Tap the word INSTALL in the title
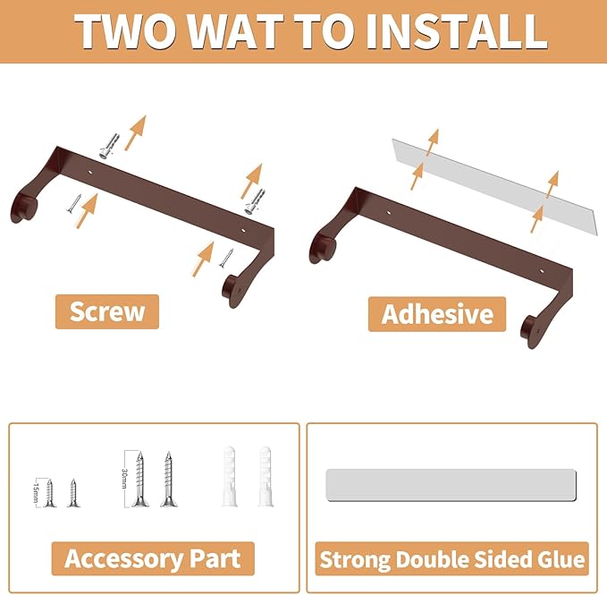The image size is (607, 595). click(x=456, y=32)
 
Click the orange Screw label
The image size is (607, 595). click(x=107, y=311)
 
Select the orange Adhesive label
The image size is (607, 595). click(x=437, y=314)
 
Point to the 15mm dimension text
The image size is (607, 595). click(x=36, y=492)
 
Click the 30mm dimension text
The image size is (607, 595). click(x=124, y=479)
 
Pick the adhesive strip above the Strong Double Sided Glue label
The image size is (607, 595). click(x=451, y=485)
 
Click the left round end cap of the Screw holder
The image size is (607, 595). click(x=23, y=209)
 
